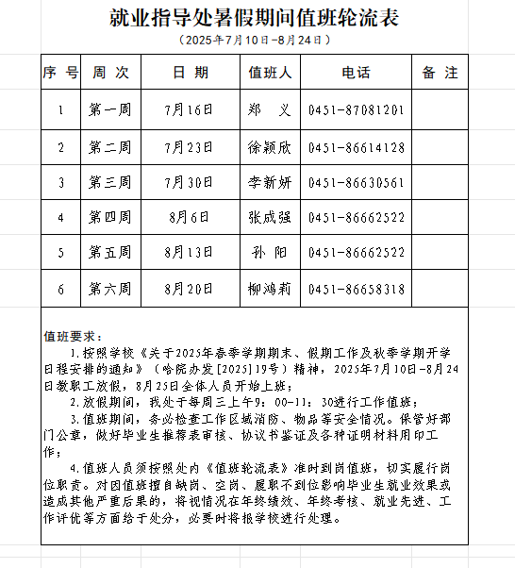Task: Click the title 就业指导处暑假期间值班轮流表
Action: point(257,18)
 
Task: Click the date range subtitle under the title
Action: point(257,41)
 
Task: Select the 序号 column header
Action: point(60,73)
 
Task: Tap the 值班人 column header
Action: point(270,73)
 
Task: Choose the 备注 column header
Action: point(440,73)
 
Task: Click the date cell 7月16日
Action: point(189,110)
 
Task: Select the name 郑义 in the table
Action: point(270,110)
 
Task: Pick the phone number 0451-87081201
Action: point(356,110)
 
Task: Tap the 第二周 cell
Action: point(109,147)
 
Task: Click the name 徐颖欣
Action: point(270,147)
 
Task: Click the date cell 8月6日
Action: point(189,218)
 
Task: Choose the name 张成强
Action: point(270,218)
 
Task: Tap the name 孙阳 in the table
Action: point(270,253)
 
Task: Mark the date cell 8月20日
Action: point(189,289)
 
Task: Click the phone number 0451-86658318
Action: point(356,289)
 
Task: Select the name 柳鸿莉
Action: point(270,289)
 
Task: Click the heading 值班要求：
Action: point(72,334)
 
